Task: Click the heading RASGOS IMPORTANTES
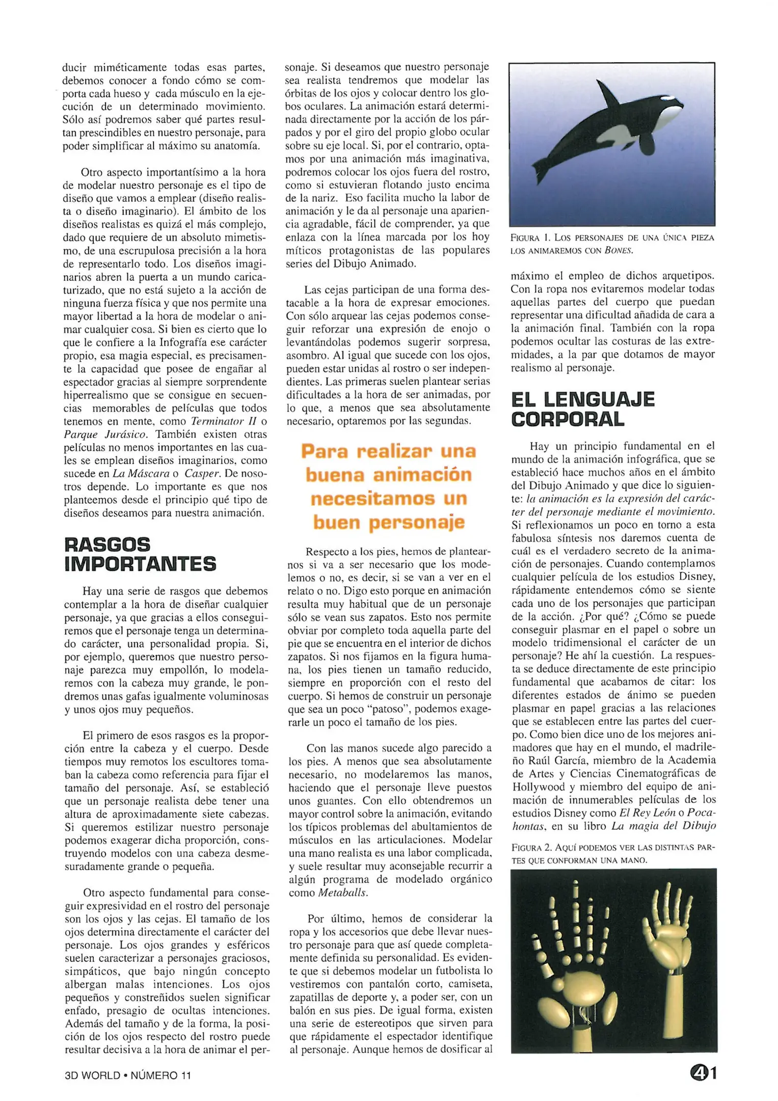click(x=140, y=554)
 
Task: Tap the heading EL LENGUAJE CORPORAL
click(x=582, y=409)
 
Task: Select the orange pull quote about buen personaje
click(x=388, y=487)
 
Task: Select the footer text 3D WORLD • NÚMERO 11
click(x=127, y=1075)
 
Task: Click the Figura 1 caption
click(x=612, y=244)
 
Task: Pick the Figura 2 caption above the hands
click(x=613, y=853)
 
